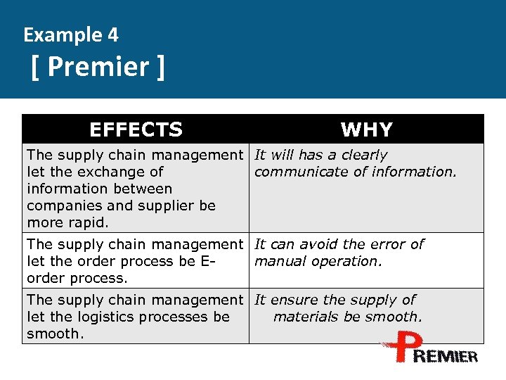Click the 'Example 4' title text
tap(71, 34)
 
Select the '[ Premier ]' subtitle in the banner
tap(98, 68)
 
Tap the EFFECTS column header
tap(136, 129)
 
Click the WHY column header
tap(366, 129)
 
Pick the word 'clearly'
tap(364, 155)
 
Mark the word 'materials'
tap(306, 317)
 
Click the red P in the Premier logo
tap(400, 348)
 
